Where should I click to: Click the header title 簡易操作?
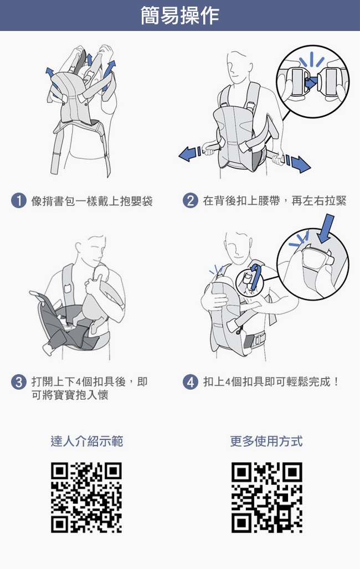point(180,15)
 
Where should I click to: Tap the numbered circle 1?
point(19,201)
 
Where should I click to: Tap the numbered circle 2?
point(191,201)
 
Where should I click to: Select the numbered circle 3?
point(19,382)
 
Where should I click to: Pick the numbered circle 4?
point(191,382)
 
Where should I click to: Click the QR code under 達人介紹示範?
point(86,498)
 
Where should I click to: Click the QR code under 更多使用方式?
point(266,498)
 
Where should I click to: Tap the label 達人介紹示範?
point(87,441)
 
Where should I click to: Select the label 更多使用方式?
point(266,441)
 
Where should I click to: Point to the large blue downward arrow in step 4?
point(326,228)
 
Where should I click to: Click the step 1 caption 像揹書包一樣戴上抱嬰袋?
point(92,201)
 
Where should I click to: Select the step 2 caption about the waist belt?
point(275,201)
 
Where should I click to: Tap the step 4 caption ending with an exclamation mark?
point(271,382)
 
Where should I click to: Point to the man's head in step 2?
point(239,68)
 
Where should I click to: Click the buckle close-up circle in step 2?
point(313,81)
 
